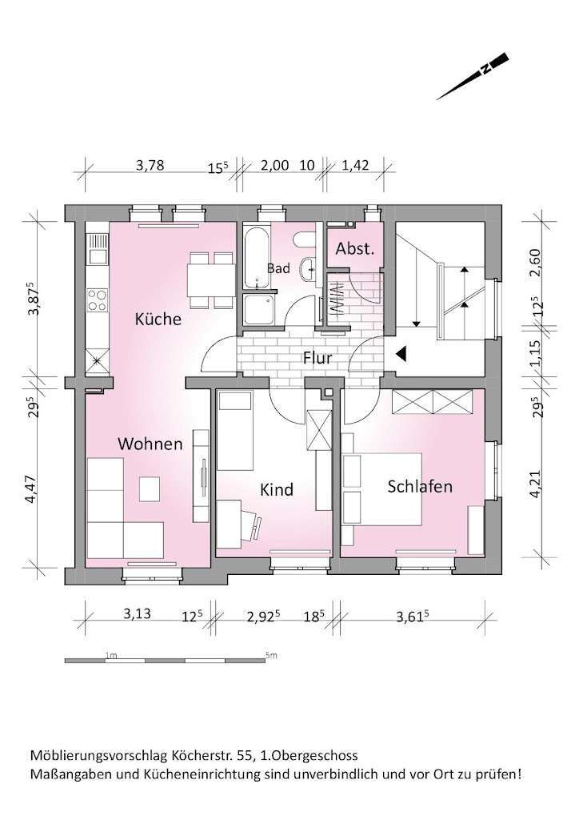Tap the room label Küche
coord(158,319)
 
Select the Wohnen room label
coord(150,443)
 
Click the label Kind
coord(277,488)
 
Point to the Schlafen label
coord(420,486)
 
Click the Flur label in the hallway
coord(317,358)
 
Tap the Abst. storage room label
coord(355,249)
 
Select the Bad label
coord(278,269)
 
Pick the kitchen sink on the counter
coord(98,256)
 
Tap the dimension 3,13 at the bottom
coord(138,614)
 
